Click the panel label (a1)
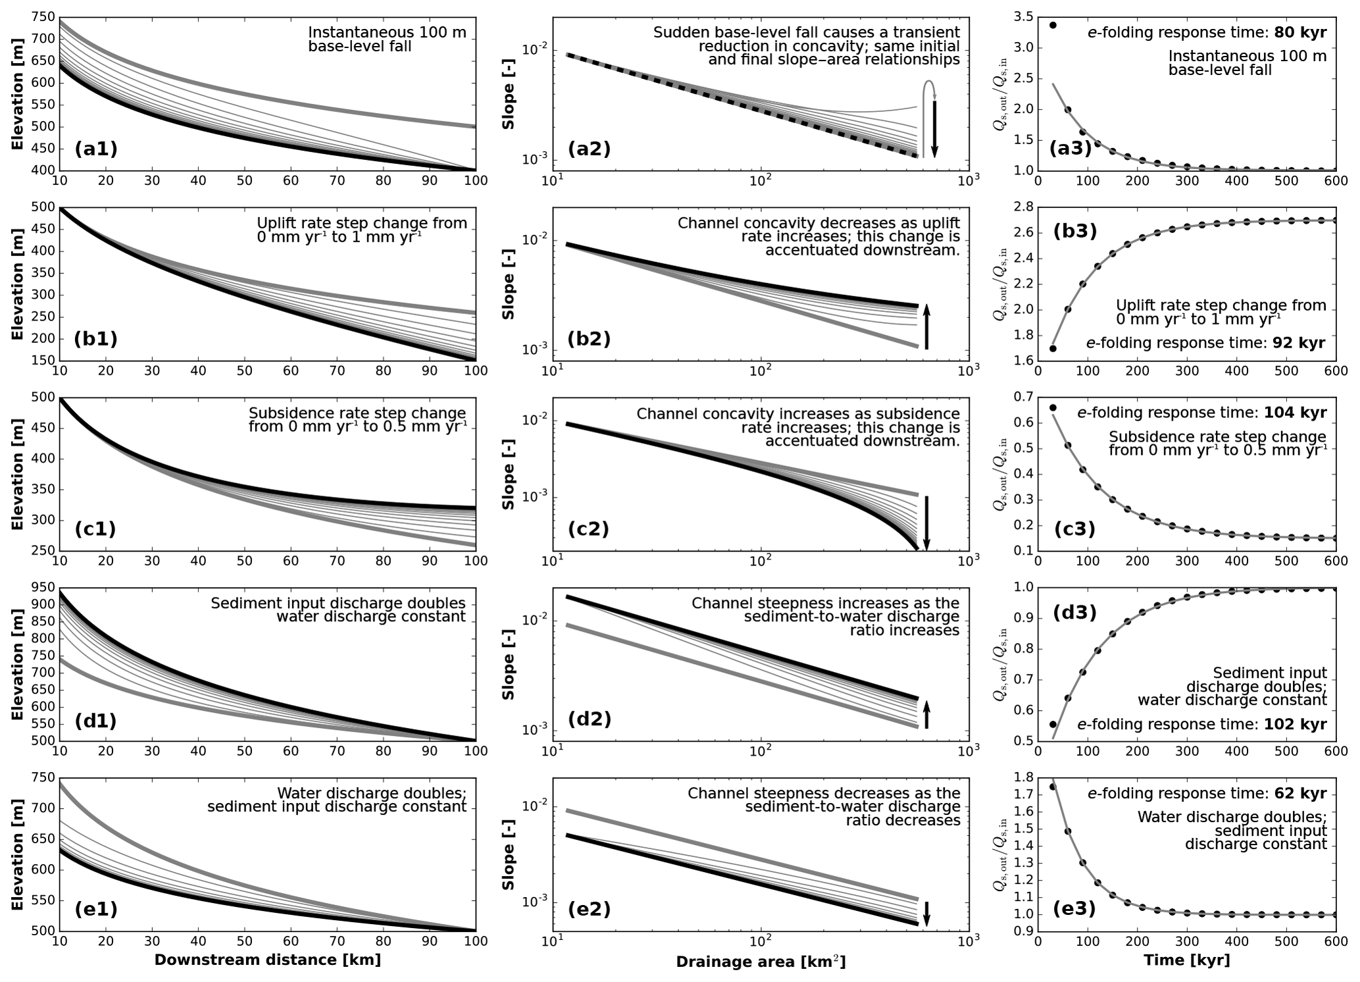[96, 149]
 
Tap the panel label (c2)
[588, 529]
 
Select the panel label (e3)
[1074, 909]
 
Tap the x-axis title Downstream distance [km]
[267, 960]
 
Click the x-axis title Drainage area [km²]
[760, 962]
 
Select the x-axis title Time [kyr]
[1186, 960]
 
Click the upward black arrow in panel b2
[926, 326]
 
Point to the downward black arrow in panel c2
[926, 523]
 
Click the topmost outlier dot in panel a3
[1053, 25]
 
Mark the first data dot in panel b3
[1053, 348]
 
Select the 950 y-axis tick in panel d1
[43, 587]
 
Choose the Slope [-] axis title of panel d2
[508, 665]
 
